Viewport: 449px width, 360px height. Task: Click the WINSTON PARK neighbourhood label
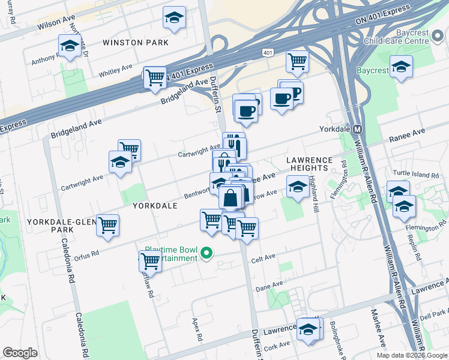point(131,43)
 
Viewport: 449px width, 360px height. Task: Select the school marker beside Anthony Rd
point(70,46)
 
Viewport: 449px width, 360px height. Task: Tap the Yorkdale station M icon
point(357,129)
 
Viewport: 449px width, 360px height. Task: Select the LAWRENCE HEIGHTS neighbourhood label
point(309,164)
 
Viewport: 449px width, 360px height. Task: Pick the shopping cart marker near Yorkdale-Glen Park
point(107,226)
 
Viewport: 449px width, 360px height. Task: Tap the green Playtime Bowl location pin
point(207,253)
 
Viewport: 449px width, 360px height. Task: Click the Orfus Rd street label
point(87,254)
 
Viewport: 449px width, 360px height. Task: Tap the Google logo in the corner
point(20,353)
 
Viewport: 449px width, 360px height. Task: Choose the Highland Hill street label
point(313,196)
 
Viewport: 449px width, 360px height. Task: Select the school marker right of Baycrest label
point(401,67)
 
